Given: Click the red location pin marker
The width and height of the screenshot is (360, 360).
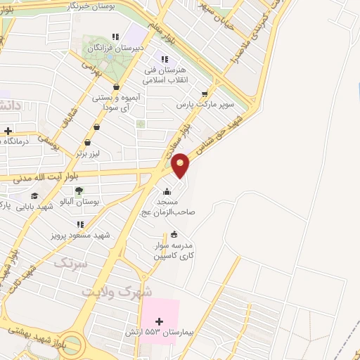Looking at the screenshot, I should (x=181, y=165).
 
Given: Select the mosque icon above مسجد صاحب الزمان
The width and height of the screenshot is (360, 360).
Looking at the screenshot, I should (x=167, y=192).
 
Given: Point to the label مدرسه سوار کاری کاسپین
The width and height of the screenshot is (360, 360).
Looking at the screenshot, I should (x=174, y=252).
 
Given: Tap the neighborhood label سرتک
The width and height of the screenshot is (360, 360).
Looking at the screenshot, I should (x=70, y=264).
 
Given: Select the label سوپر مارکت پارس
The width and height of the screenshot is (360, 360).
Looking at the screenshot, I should (x=204, y=105).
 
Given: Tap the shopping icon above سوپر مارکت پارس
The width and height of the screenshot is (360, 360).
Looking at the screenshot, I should (x=205, y=94).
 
